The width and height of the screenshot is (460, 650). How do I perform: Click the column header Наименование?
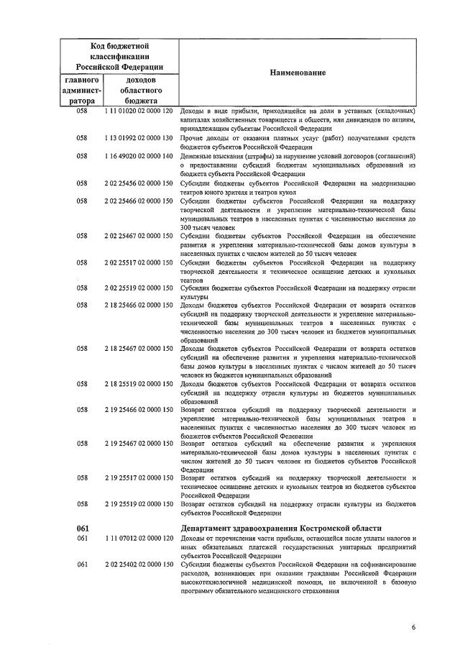[x=298, y=73]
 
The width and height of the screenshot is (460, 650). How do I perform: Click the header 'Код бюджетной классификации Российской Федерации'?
[x=119, y=55]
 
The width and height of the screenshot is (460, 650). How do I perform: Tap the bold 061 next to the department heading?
[x=82, y=529]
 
